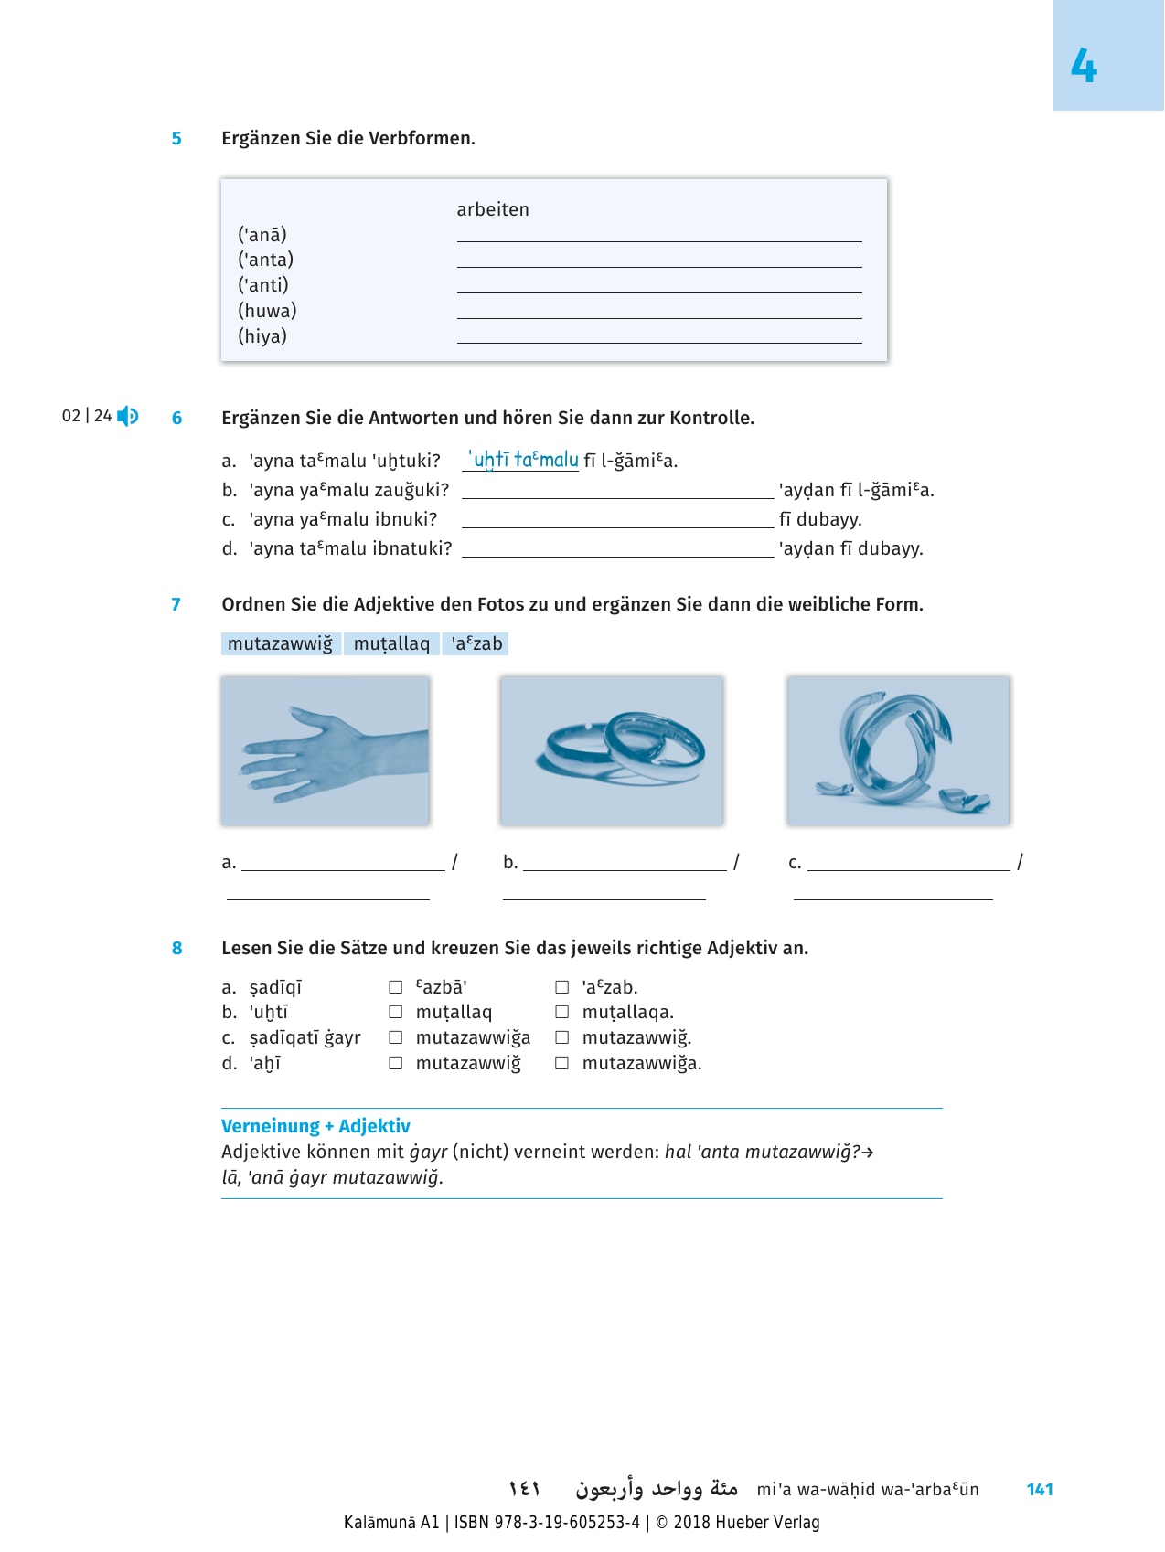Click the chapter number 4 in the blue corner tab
(1084, 67)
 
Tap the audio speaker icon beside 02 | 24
(128, 417)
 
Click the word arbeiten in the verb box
(493, 209)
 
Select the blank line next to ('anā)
(658, 236)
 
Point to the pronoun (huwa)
(267, 311)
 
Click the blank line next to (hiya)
(658, 337)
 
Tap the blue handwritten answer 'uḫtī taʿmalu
(523, 460)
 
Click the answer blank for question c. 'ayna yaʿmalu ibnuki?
(617, 521)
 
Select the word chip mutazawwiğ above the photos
(280, 643)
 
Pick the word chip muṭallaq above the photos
(391, 643)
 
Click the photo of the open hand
(325, 750)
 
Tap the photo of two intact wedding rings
(611, 750)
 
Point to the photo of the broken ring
(898, 750)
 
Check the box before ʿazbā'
(396, 987)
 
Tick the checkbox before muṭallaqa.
(562, 1012)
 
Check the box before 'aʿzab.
(562, 987)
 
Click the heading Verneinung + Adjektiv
(315, 1126)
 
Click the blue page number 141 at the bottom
(1040, 1489)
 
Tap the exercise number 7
(176, 604)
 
